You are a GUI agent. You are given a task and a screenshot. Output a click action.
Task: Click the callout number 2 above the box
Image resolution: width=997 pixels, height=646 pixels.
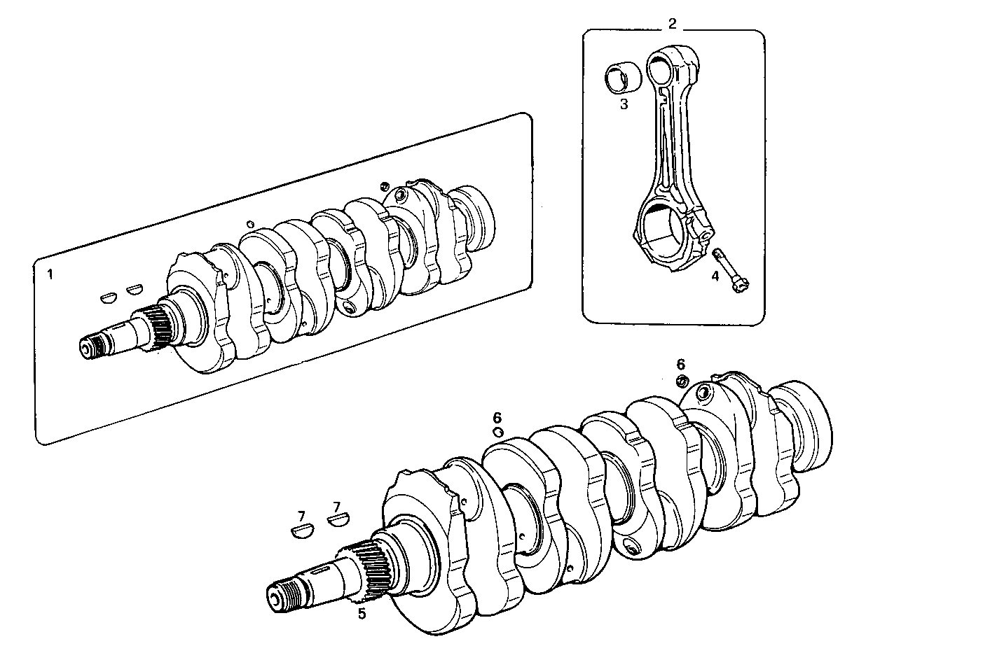pyautogui.click(x=672, y=24)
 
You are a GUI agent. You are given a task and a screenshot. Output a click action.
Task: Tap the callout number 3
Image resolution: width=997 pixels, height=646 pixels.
pyautogui.click(x=624, y=105)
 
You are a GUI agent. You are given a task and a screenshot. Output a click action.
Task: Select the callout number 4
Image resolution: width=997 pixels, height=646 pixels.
pyautogui.click(x=715, y=276)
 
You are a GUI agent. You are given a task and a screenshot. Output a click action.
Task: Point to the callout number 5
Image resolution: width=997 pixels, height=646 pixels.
pyautogui.click(x=362, y=614)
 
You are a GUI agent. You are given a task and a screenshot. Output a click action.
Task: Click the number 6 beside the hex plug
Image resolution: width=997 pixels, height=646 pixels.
pyautogui.click(x=680, y=364)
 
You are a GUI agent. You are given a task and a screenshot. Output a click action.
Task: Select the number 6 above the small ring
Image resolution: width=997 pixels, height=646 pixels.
pyautogui.click(x=497, y=418)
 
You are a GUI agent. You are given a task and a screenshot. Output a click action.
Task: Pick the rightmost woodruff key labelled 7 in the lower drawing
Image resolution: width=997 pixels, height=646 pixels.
pyautogui.click(x=338, y=520)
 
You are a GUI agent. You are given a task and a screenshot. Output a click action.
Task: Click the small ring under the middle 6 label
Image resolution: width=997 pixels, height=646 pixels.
pyautogui.click(x=498, y=433)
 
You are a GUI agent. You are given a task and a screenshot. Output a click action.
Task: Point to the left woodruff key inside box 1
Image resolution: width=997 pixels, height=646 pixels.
pyautogui.click(x=109, y=297)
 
